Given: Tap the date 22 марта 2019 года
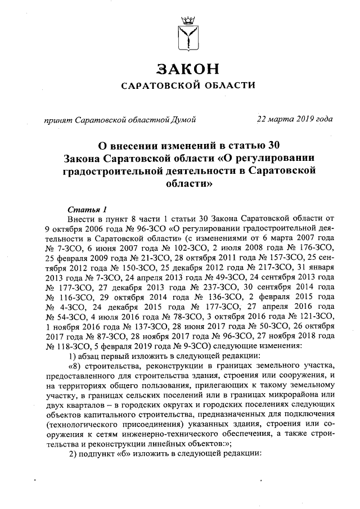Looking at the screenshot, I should [x=294, y=119].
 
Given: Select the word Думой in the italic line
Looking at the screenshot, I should [x=182, y=119].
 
